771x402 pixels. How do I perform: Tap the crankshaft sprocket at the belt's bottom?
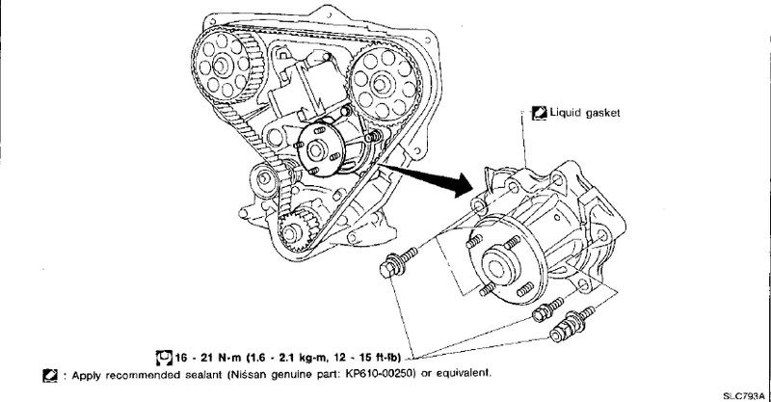(x=294, y=232)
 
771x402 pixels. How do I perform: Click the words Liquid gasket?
(x=583, y=113)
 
